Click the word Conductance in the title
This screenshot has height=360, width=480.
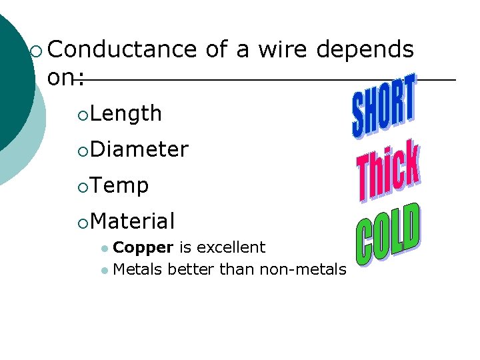click(122, 49)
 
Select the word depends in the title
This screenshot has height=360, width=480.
click(365, 49)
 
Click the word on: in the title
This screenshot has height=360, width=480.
click(65, 78)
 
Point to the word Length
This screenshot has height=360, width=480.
click(126, 114)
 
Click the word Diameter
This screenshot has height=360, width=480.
click(139, 149)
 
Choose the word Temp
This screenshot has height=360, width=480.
click(119, 185)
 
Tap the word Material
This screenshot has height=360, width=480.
click(133, 221)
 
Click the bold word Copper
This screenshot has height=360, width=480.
click(143, 247)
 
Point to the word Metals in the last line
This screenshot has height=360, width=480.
click(139, 269)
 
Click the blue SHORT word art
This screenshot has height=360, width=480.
click(383, 107)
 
